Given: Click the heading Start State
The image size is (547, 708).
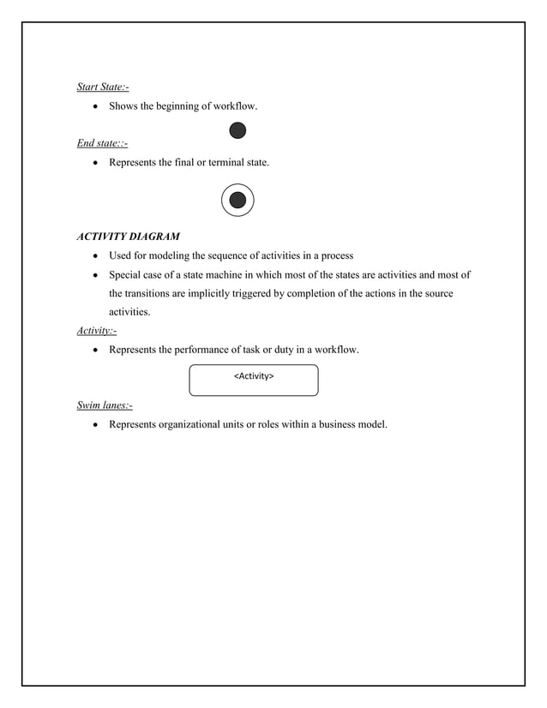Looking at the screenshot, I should pyautogui.click(x=103, y=85).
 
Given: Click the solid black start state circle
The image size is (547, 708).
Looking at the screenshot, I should pyautogui.click(x=237, y=130).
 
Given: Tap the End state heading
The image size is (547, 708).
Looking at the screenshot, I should pyautogui.click(x=102, y=142).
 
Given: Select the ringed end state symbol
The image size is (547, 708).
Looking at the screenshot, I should pyautogui.click(x=237, y=201).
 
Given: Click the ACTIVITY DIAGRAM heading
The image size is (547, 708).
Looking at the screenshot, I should pyautogui.click(x=129, y=236).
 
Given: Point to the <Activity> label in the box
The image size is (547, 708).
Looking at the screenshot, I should pyautogui.click(x=254, y=375).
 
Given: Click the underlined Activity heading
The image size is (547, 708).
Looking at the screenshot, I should pyautogui.click(x=96, y=330).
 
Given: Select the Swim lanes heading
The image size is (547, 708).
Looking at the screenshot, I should pyautogui.click(x=105, y=405).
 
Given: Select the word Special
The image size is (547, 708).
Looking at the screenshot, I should pyautogui.click(x=125, y=275).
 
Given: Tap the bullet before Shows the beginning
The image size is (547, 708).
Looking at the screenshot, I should pyautogui.click(x=95, y=107).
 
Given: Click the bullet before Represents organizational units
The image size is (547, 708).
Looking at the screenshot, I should pyautogui.click(x=95, y=424).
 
